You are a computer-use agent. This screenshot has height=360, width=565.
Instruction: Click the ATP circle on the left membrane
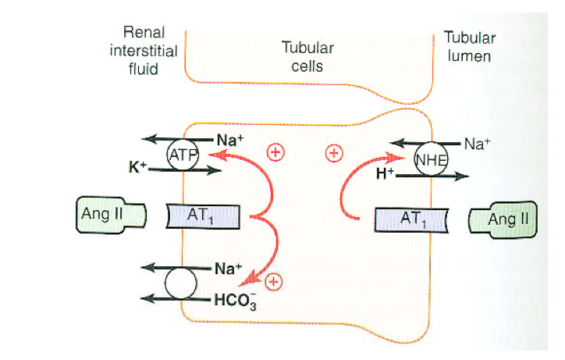(x=184, y=155)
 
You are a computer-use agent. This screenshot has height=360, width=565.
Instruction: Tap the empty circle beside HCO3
(x=181, y=284)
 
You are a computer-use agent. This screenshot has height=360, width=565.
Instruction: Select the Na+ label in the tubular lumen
(x=478, y=143)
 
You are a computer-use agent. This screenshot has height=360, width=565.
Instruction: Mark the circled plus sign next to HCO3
(x=274, y=281)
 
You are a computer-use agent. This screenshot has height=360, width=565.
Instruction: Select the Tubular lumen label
(x=470, y=46)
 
